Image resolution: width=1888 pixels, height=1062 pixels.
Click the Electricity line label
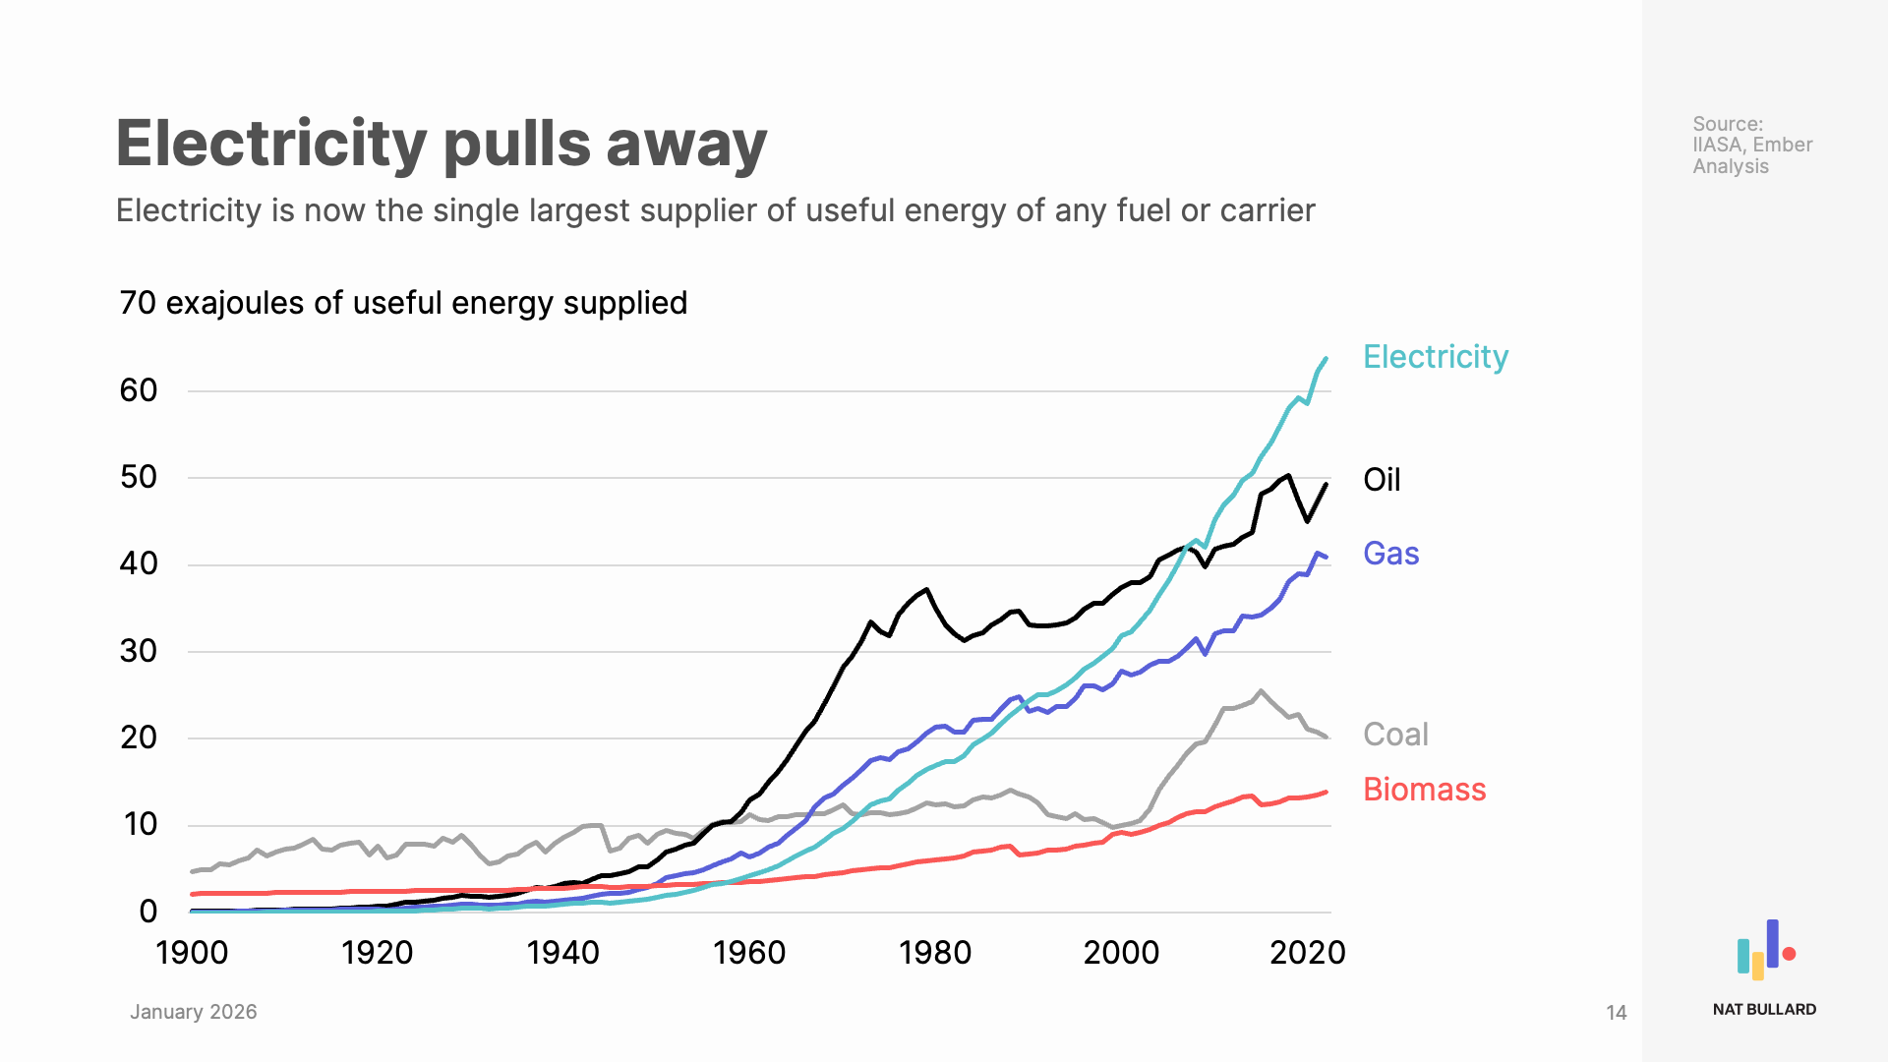1435,357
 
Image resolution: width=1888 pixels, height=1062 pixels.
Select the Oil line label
1381,480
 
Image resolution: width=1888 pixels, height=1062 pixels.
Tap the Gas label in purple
1390,554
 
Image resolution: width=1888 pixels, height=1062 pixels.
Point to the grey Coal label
1394,735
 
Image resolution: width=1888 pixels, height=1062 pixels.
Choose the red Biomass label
1424,790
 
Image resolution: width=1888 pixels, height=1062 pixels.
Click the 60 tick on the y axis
139,391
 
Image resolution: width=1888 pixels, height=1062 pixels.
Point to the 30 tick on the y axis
139,651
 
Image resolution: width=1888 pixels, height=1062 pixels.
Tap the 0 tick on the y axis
148,912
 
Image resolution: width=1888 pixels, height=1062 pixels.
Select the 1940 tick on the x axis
562,952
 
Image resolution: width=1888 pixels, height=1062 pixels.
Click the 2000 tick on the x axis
1121,952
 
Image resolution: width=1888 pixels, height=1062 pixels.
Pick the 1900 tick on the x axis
192,952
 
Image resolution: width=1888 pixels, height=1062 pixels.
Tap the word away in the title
686,144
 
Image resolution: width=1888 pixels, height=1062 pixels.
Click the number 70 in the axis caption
138,303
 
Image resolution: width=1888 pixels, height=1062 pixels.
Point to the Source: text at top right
1727,124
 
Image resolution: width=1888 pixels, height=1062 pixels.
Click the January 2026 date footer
193,1012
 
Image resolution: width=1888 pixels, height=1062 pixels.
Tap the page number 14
1616,1013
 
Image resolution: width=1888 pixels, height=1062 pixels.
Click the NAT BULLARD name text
1764,1009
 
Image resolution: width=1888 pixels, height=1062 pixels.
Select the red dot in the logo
1789,953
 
